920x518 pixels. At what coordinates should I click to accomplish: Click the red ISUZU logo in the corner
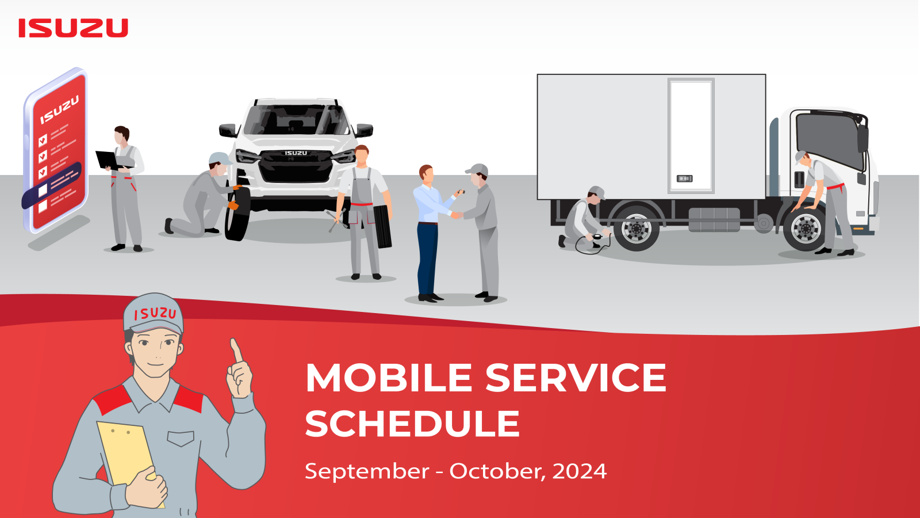coord(73,28)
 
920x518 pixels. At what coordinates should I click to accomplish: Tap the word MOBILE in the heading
coord(389,378)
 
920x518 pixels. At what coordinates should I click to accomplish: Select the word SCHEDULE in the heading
coord(412,423)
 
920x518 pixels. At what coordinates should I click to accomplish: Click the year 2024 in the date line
coord(580,471)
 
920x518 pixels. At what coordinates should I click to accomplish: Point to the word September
coord(367,471)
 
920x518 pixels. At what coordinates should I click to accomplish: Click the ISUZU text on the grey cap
coord(155,314)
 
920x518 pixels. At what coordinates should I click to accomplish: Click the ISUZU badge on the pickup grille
coord(296,153)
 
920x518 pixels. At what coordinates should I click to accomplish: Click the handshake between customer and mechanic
coord(457,215)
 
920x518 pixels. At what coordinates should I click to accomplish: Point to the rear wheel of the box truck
coord(636,228)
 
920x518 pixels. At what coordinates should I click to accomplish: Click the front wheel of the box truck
coord(806,230)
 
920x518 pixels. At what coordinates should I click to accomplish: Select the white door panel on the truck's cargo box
coord(691,135)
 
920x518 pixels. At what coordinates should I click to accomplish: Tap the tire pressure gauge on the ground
coord(597,237)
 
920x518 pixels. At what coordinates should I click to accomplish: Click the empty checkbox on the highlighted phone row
coord(43,191)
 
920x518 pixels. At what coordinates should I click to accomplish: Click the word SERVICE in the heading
coord(576,378)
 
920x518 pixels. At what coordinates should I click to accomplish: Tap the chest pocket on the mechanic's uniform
coord(181,438)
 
